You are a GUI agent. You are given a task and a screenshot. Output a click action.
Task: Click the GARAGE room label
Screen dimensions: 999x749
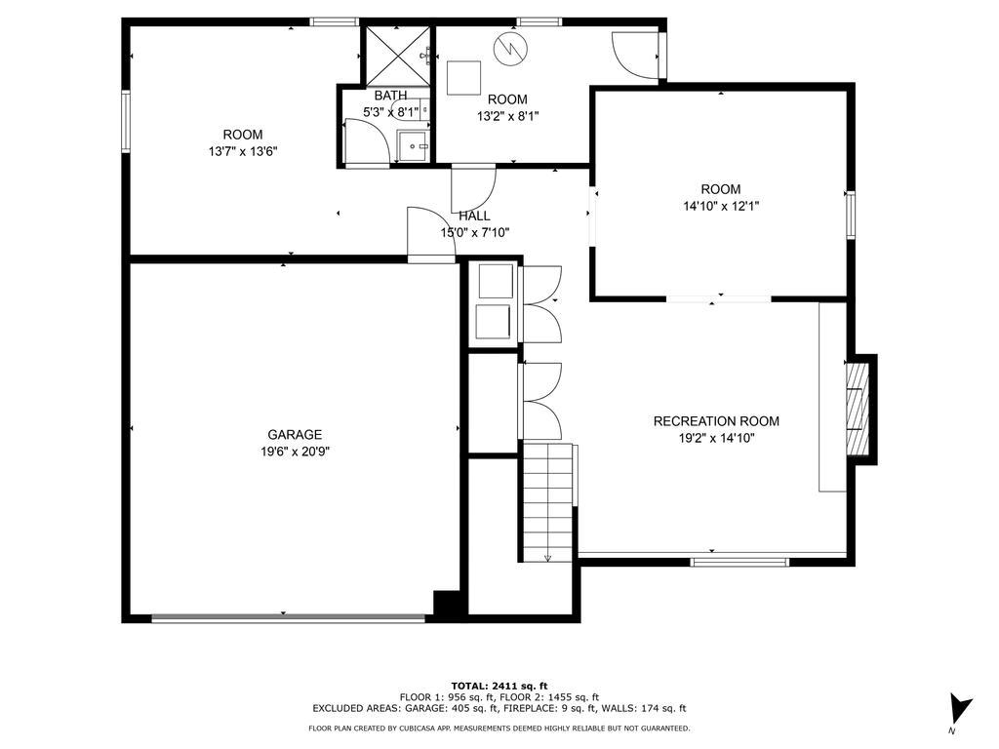295,435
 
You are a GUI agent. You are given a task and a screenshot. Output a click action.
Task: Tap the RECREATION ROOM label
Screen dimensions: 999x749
716,421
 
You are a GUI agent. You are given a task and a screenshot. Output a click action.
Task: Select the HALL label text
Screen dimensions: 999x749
474,216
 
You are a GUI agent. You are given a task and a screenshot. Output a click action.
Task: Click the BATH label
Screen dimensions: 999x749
390,96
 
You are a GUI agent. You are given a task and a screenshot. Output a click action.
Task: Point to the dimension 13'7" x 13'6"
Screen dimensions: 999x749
243,151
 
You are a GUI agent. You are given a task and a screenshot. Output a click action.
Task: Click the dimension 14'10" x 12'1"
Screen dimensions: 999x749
721,207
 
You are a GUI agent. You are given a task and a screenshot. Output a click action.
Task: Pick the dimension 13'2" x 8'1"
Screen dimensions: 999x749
507,117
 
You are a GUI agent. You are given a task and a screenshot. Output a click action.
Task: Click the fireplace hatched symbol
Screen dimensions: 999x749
857,409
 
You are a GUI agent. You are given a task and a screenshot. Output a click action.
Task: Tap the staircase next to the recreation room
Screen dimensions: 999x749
548,501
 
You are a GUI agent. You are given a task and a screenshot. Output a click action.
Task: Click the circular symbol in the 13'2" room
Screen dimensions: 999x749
510,48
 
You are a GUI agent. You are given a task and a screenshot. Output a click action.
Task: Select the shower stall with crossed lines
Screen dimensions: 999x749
396,56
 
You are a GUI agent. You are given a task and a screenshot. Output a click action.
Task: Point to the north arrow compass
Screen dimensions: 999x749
960,710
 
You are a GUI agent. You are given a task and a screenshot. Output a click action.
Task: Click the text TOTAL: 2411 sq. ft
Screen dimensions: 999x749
499,686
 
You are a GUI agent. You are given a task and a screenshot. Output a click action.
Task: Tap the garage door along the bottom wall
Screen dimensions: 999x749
288,617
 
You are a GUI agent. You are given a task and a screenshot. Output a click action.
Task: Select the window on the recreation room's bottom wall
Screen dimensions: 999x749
740,562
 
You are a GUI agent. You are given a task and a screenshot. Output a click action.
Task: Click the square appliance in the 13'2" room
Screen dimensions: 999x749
463,78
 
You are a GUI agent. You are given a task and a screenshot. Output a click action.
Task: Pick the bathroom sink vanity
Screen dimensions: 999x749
414,146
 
